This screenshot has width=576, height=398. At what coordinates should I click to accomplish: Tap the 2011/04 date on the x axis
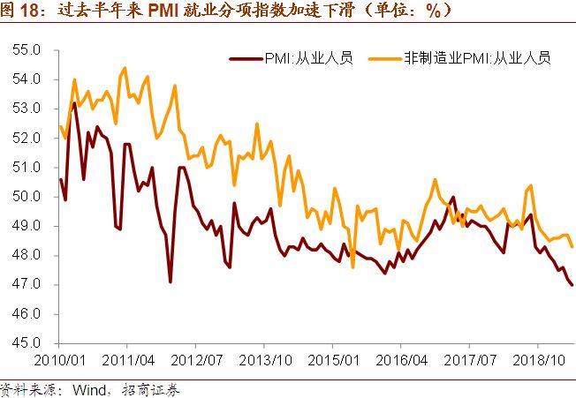tap(129, 361)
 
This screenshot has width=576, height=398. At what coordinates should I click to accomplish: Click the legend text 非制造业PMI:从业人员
tap(477, 58)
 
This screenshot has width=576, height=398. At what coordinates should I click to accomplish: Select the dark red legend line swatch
tap(246, 59)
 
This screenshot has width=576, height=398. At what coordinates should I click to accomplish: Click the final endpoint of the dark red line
tap(572, 285)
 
